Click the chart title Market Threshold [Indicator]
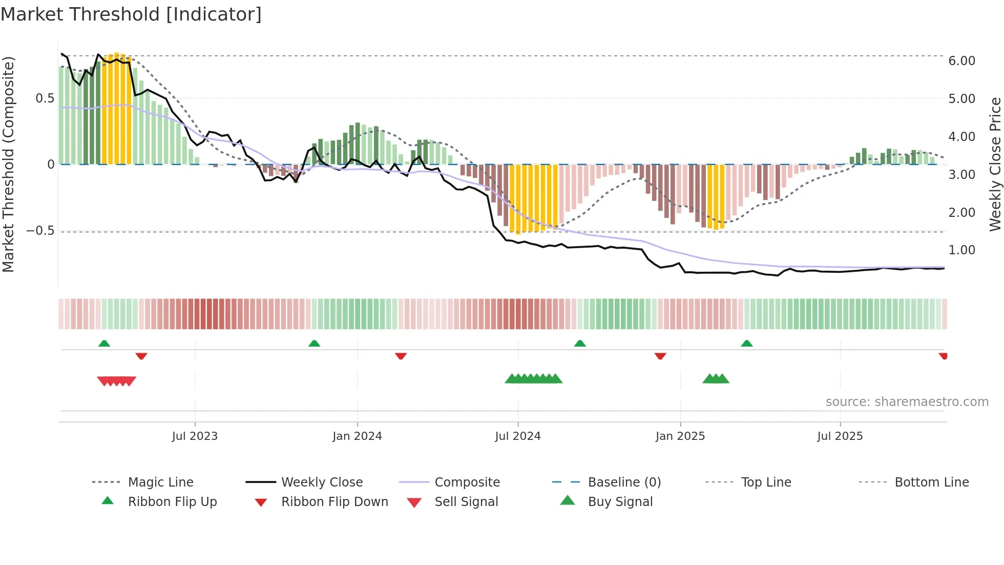coord(131,14)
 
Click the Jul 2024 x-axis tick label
coord(517,436)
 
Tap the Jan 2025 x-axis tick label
coord(680,436)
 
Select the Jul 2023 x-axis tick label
coord(195,436)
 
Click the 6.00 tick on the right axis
coord(961,61)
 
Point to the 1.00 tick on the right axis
coord(961,250)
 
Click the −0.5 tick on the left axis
coord(40,231)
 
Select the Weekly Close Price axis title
coord(995,164)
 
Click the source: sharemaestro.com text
coord(907,401)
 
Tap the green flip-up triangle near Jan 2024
coord(314,343)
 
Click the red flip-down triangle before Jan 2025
coord(660,356)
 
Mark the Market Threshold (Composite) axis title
coord(8,164)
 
